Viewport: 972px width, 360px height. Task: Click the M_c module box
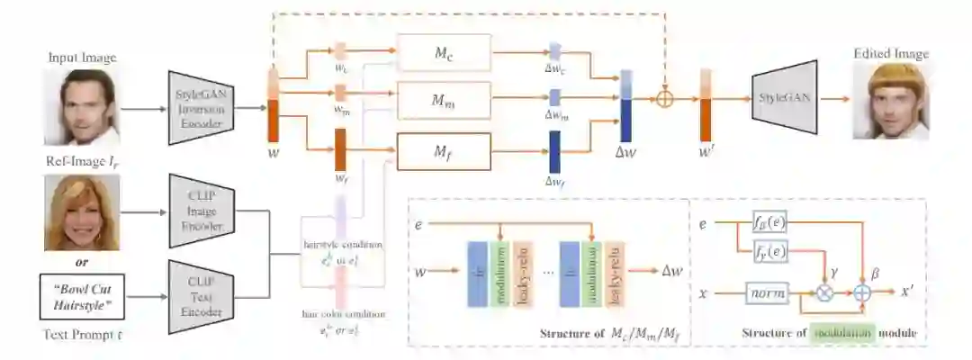[x=444, y=53]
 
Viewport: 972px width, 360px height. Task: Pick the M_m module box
[x=444, y=99]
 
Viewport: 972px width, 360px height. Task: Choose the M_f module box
[x=444, y=149]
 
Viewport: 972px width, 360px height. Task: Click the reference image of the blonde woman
[x=82, y=211]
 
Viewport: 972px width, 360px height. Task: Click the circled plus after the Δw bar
[x=664, y=99]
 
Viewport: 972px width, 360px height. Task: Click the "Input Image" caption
[x=83, y=58]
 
